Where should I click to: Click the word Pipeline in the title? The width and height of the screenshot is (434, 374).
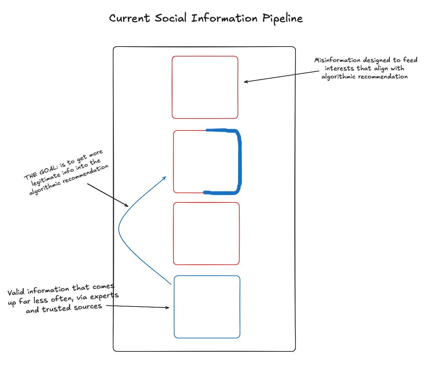tap(282, 18)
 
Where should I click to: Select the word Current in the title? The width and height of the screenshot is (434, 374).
tap(129, 18)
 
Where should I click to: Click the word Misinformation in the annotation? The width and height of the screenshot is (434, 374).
tap(337, 60)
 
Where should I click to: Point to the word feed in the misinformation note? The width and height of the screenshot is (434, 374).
tap(410, 60)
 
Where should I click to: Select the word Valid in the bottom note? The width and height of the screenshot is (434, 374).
tap(16, 292)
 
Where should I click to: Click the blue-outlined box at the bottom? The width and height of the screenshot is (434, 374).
tap(207, 307)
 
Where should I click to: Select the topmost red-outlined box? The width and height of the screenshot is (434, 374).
tap(205, 87)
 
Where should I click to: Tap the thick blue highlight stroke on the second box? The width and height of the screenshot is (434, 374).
tap(239, 161)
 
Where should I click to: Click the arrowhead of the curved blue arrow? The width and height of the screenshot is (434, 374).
tap(165, 178)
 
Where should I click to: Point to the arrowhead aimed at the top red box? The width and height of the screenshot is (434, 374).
tap(245, 82)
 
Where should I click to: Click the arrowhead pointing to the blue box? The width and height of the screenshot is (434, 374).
tap(167, 308)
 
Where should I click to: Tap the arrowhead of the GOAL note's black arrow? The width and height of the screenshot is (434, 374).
tap(127, 205)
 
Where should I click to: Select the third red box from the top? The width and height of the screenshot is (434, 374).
tap(206, 234)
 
